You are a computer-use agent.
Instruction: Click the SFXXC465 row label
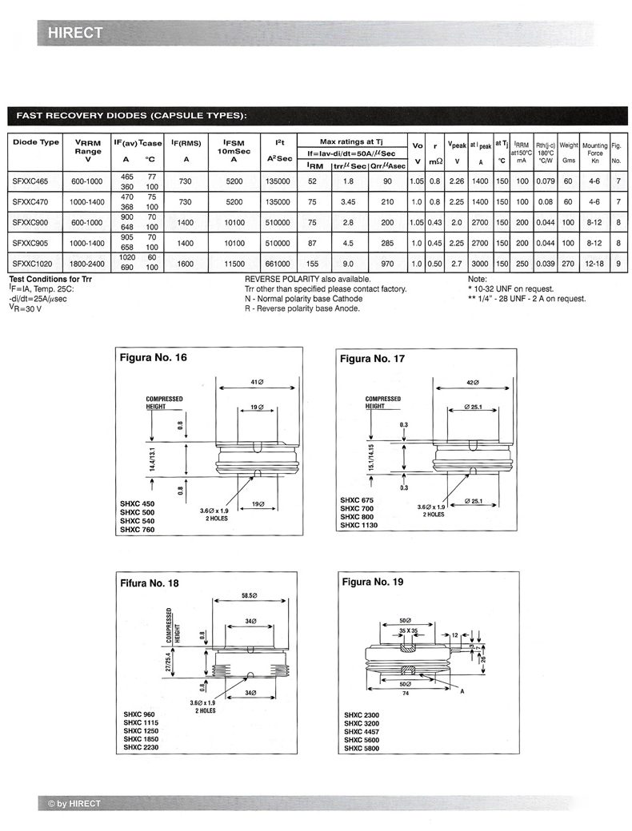pos(31,181)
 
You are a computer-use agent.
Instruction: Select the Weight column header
pos(569,145)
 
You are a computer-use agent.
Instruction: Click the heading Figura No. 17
pos(373,359)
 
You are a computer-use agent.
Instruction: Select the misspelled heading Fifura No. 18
pos(150,583)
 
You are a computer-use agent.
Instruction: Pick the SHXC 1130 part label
pos(358,525)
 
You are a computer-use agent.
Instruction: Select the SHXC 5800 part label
pos(362,748)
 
